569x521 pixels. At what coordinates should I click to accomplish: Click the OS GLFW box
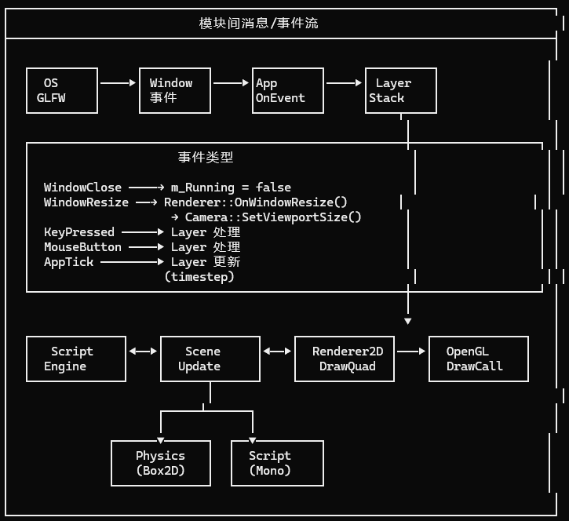62,91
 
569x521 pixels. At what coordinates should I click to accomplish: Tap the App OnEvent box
287,91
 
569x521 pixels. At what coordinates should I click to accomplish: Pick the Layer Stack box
400,91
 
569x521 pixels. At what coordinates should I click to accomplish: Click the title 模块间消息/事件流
259,23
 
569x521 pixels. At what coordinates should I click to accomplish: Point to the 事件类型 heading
206,157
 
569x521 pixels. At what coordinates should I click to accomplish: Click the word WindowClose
82,188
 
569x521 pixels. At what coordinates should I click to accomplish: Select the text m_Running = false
231,188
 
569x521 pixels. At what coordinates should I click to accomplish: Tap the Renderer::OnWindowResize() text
255,202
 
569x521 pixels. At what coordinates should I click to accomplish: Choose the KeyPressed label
78,232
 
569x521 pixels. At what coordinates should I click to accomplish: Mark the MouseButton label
82,247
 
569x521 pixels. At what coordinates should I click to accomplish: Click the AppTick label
68,262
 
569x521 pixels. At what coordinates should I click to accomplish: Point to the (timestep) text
199,277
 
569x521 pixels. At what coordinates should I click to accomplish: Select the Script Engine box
76,359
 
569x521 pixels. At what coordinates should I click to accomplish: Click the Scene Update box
210,359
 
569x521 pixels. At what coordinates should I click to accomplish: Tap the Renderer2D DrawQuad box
344,359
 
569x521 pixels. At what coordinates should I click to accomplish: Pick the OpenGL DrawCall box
478,359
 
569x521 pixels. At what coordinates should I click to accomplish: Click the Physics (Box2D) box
161,463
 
